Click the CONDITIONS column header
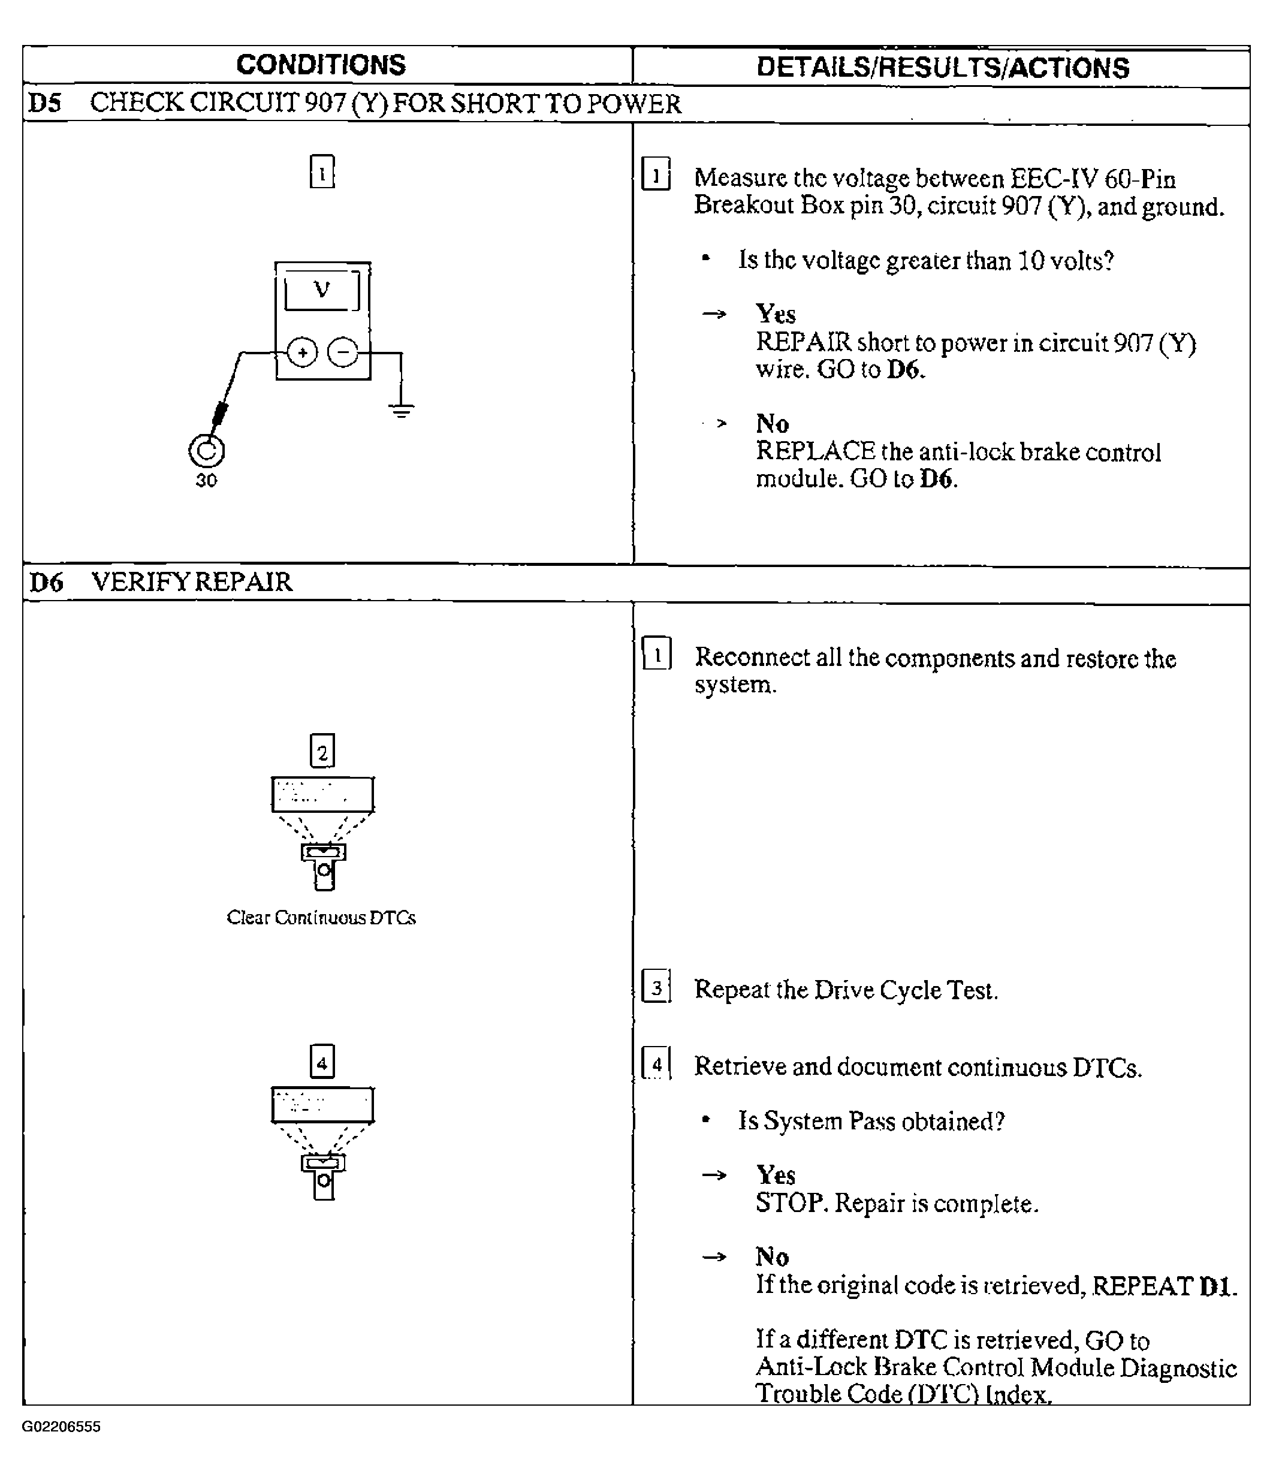point(321,65)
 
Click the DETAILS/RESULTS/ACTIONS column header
point(942,68)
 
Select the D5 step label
point(44,104)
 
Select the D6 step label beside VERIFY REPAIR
point(46,583)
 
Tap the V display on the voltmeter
point(322,290)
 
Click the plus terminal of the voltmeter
point(302,352)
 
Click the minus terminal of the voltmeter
point(343,352)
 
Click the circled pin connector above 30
point(206,451)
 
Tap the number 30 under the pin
point(206,481)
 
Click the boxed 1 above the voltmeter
point(322,172)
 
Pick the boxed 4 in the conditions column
point(322,1063)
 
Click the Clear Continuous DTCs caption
point(321,917)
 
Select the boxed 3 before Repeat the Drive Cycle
point(656,987)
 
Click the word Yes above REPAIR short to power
point(776,314)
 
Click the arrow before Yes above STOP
point(714,1175)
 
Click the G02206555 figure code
point(61,1427)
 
